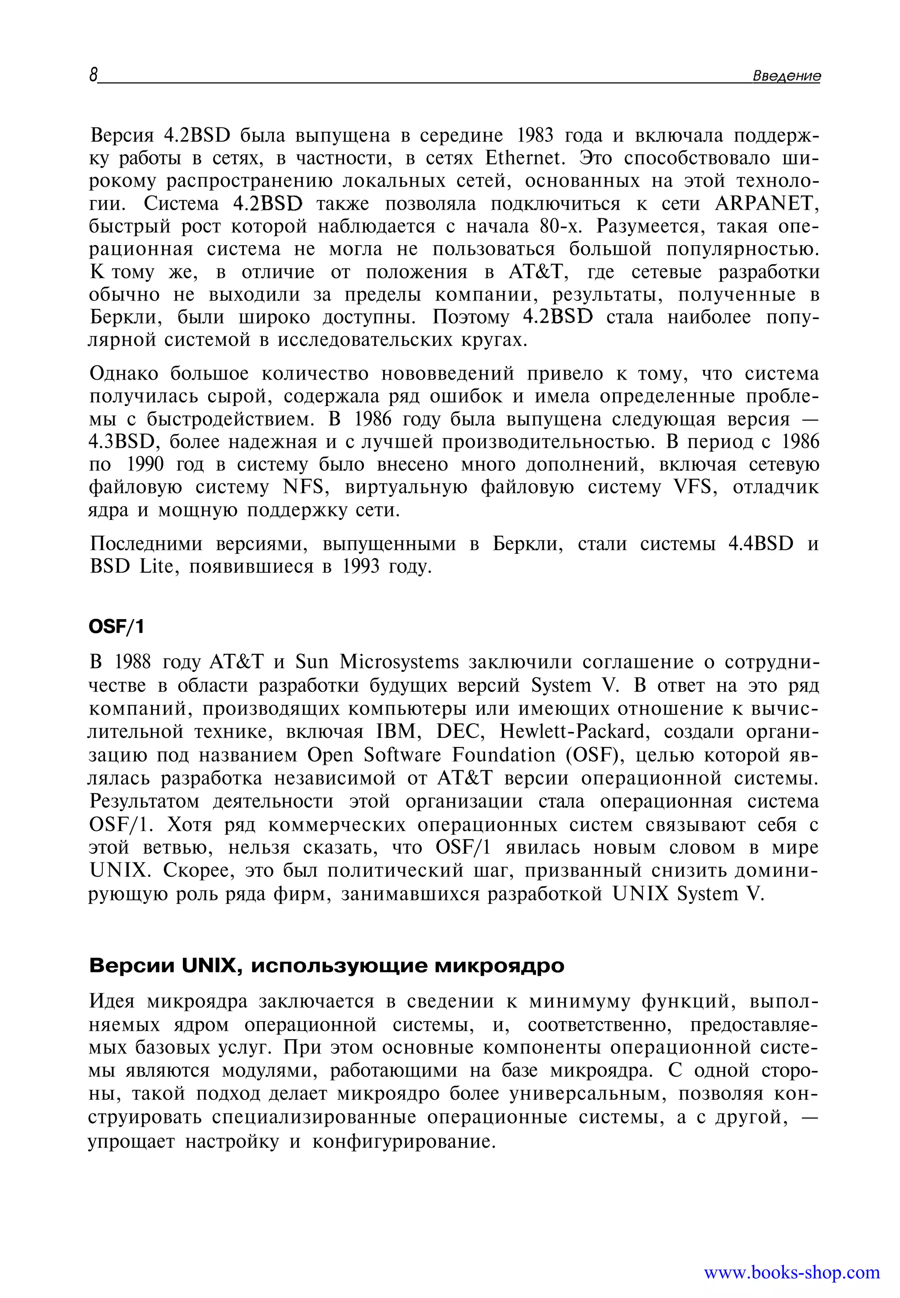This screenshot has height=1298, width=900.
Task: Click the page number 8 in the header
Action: tap(94, 75)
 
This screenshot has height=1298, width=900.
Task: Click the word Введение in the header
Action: tap(787, 76)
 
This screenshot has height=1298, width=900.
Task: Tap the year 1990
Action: tap(145, 464)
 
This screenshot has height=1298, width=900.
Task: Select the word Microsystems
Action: tap(400, 662)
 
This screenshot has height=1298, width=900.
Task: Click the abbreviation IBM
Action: tap(396, 731)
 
